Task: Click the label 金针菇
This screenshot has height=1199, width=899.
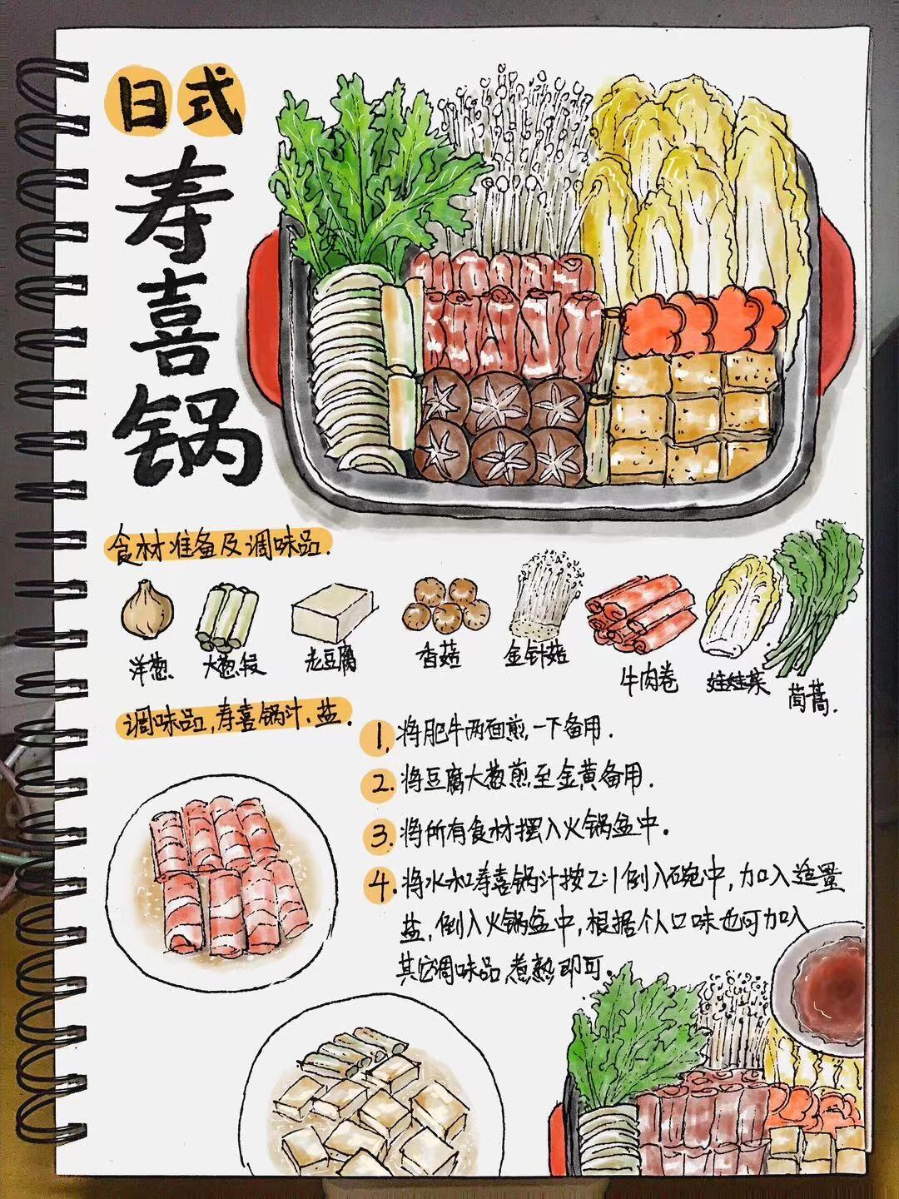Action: (x=535, y=655)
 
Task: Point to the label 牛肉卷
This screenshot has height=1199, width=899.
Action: (x=648, y=680)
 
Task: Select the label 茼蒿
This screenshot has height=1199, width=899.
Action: (x=808, y=704)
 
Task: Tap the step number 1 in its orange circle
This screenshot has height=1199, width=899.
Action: (x=380, y=736)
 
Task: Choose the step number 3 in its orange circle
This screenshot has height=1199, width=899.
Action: (x=380, y=833)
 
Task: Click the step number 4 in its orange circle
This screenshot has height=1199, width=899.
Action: (x=383, y=884)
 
